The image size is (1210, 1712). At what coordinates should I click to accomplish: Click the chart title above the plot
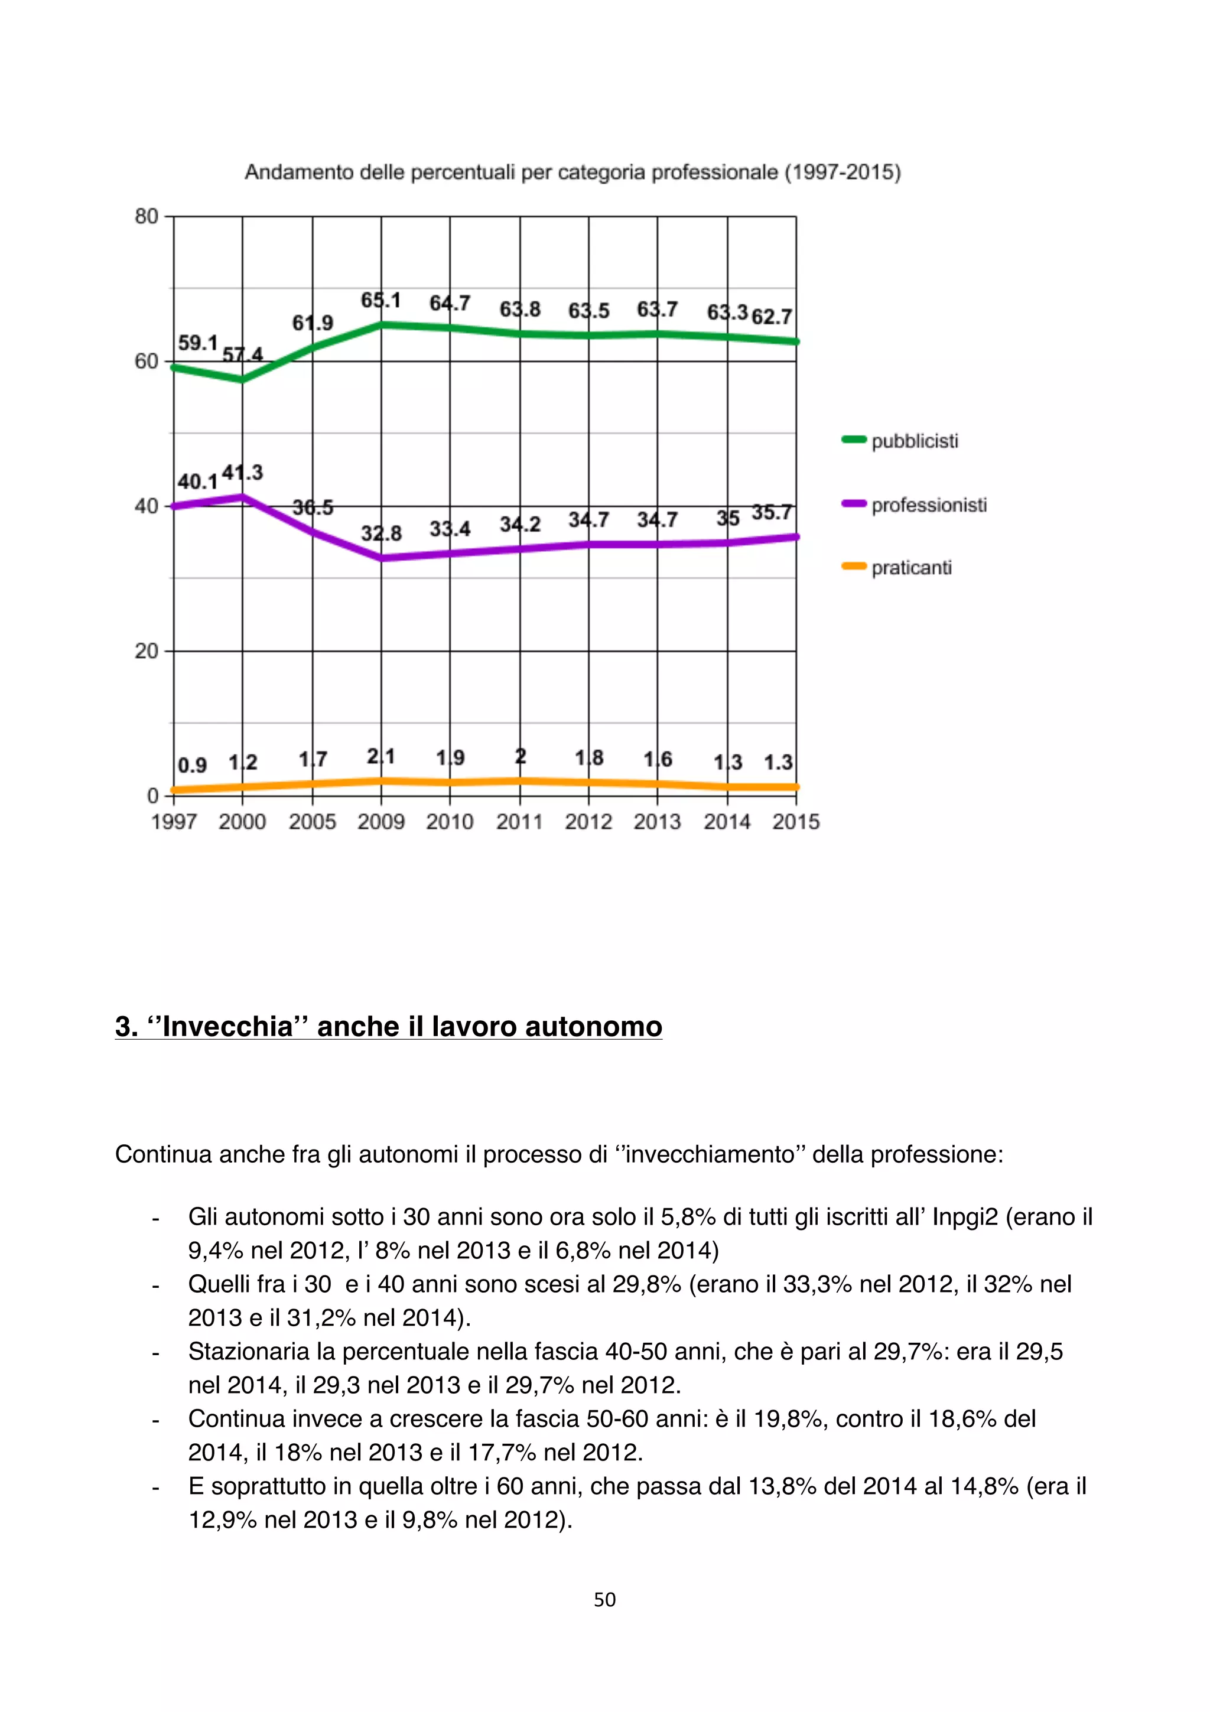pyautogui.click(x=573, y=172)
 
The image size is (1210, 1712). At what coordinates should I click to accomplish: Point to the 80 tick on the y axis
pyautogui.click(x=146, y=216)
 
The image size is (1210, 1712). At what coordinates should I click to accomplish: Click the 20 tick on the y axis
pyautogui.click(x=146, y=651)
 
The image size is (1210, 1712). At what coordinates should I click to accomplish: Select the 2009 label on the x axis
pyautogui.click(x=381, y=822)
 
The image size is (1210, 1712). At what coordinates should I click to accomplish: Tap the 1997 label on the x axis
pyautogui.click(x=174, y=822)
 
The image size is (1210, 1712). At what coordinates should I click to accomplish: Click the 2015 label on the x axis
pyautogui.click(x=795, y=822)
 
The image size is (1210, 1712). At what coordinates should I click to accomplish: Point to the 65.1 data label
pyautogui.click(x=381, y=301)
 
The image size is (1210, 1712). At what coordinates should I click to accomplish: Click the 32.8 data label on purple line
pyautogui.click(x=381, y=533)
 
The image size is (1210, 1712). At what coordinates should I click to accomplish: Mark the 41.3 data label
pyautogui.click(x=242, y=473)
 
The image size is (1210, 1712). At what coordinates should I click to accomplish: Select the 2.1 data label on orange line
pyautogui.click(x=381, y=757)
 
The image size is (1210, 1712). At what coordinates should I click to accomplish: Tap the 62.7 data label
pyautogui.click(x=772, y=317)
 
